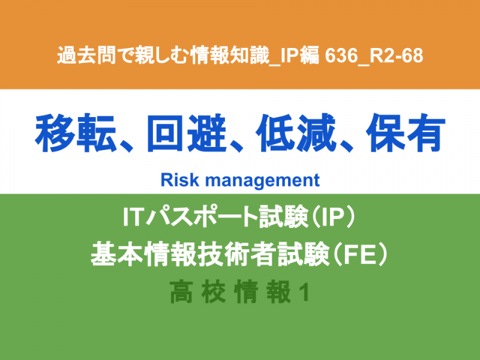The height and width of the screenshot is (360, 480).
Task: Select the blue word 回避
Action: click(187, 133)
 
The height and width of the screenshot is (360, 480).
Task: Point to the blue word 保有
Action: click(406, 133)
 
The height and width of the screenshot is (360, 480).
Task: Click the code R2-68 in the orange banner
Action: click(397, 56)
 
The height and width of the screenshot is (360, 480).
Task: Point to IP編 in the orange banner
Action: click(299, 55)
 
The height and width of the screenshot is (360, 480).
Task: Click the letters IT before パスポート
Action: click(133, 217)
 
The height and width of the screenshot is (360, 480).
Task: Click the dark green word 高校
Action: click(198, 292)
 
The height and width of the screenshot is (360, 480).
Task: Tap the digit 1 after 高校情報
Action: click(304, 293)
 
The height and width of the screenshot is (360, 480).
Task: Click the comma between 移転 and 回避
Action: click(126, 145)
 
